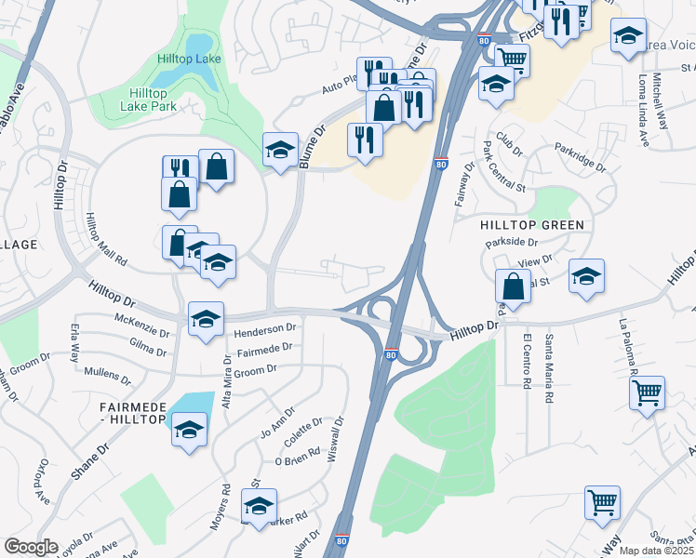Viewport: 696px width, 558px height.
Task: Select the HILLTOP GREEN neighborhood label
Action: [532, 225]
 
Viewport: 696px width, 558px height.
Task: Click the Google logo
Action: [31, 547]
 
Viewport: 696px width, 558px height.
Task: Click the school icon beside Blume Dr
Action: [280, 150]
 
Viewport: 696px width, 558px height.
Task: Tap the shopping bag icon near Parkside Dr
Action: [513, 286]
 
